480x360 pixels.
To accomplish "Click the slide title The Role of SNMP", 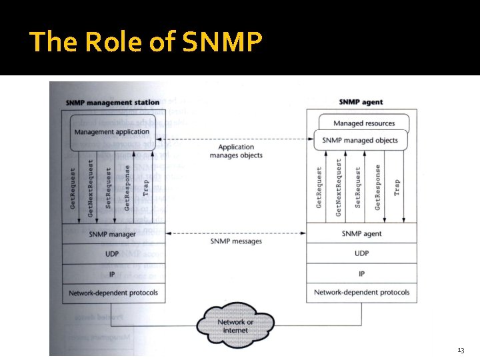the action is tap(146, 42).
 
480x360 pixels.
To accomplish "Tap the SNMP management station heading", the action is tap(113, 102).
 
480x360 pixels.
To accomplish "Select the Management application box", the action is tap(113, 132).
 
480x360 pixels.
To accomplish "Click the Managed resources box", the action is tap(363, 123).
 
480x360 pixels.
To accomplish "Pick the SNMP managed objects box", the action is tap(360, 141).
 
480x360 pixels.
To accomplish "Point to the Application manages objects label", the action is tap(236, 151).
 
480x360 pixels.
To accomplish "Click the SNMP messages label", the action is tap(236, 241).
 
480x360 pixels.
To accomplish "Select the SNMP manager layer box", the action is tap(113, 234).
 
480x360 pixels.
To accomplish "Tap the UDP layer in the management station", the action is tap(113, 254).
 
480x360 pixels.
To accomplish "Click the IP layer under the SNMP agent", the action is tap(361, 274).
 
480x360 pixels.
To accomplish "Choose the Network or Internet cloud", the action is tap(236, 326).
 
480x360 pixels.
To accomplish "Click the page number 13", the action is tap(461, 350).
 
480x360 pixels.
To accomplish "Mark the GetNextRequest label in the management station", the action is tap(91, 187).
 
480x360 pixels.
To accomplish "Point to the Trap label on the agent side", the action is tap(397, 187).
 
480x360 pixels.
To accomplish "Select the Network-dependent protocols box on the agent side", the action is tap(361, 293).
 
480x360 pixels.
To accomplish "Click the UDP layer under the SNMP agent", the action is tap(361, 253).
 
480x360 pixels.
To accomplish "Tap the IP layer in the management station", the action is tap(113, 274).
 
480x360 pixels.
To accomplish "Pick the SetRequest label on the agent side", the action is tap(358, 187).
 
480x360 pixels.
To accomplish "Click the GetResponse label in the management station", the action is tap(127, 187).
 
